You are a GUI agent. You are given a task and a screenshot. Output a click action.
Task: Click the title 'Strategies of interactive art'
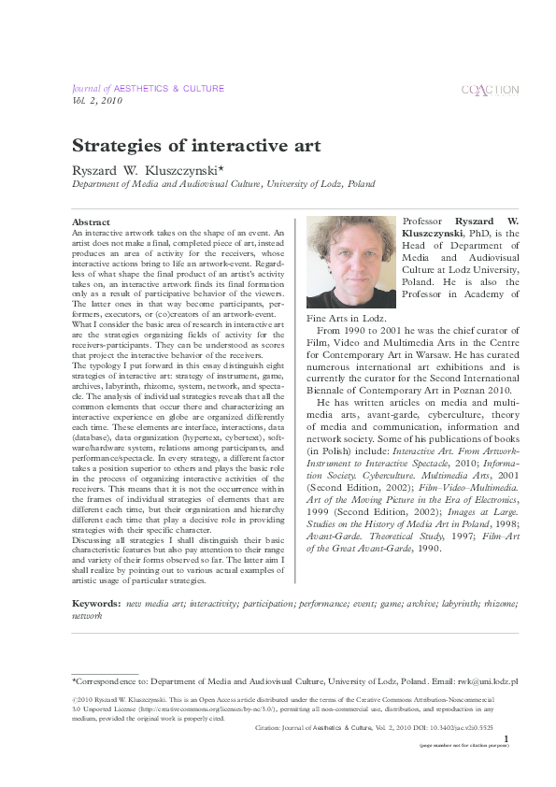coord(196,146)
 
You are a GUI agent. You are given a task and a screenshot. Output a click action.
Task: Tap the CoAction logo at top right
coord(490,90)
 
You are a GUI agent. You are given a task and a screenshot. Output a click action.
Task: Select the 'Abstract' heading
coord(91,222)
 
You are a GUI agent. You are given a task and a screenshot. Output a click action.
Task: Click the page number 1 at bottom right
coord(506,738)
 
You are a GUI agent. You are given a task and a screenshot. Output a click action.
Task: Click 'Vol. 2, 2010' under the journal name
coord(97,100)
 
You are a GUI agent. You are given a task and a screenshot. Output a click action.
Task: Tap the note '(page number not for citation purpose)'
coord(463,746)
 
